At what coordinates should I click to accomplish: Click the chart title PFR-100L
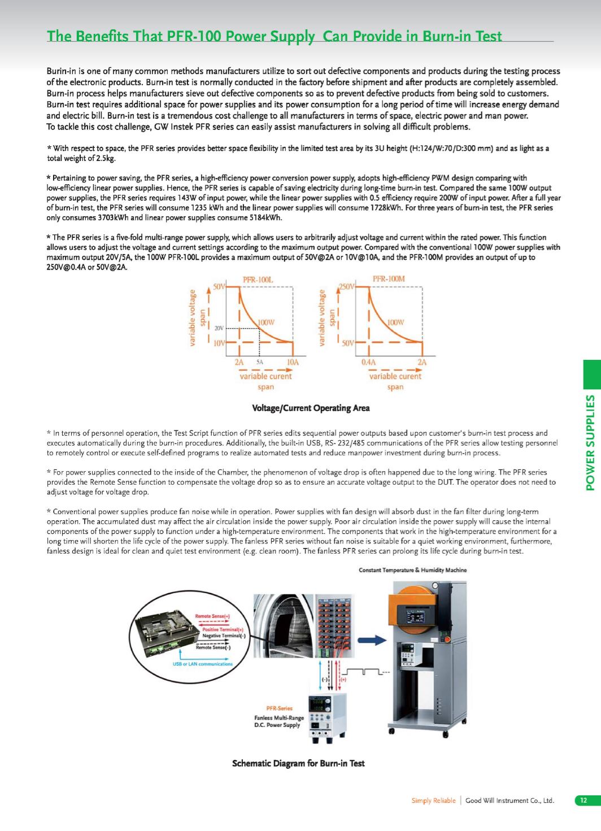[258, 279]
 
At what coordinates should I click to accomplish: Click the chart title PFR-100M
[389, 279]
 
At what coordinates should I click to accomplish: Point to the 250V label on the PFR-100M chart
[345, 286]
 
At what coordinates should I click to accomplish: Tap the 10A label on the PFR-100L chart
[292, 362]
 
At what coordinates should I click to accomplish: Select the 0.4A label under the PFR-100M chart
[368, 362]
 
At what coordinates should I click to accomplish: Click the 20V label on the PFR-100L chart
[219, 327]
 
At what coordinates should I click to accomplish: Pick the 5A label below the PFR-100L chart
[260, 362]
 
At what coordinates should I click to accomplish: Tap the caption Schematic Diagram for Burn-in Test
[298, 763]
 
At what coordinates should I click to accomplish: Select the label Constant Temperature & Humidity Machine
[413, 570]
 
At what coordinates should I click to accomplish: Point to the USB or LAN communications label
[202, 664]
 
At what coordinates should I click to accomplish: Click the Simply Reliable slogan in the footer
[433, 800]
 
